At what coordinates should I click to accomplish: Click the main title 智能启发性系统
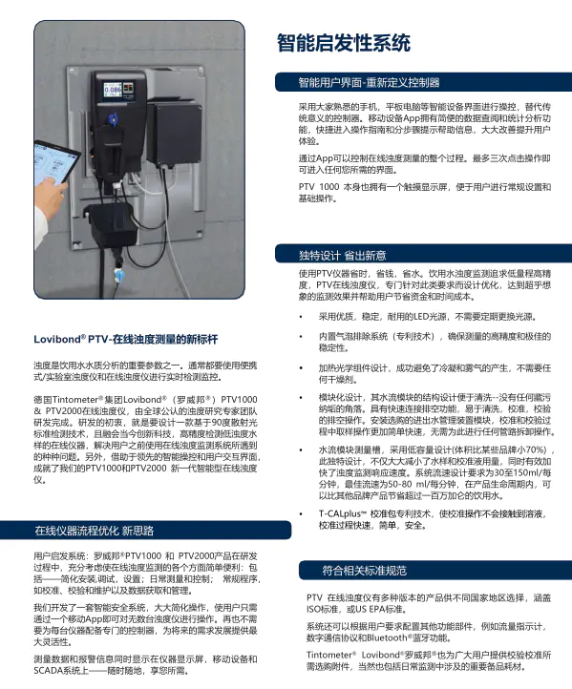[x=343, y=43]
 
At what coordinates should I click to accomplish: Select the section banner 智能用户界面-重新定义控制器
[x=369, y=82]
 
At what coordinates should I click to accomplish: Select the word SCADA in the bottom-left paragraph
[x=51, y=673]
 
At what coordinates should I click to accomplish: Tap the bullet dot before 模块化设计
[x=301, y=395]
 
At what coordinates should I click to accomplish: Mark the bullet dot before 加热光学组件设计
[x=301, y=366]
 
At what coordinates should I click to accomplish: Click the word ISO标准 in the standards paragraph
[x=311, y=609]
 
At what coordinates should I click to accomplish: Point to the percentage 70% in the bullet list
[x=535, y=449]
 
